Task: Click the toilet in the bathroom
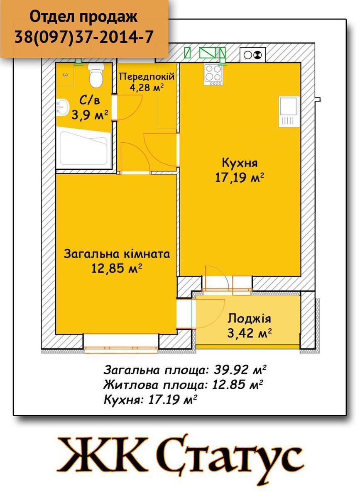pyautogui.click(x=96, y=75)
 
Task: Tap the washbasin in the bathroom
pyautogui.click(x=62, y=107)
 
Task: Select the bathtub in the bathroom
pyautogui.click(x=83, y=148)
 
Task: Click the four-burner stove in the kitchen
pyautogui.click(x=213, y=75)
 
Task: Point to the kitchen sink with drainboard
pyautogui.click(x=288, y=112)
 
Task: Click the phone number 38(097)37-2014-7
pyautogui.click(x=84, y=37)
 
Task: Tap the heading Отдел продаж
pyautogui.click(x=83, y=17)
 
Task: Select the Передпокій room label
pyautogui.click(x=147, y=77)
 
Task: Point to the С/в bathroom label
pyautogui.click(x=90, y=101)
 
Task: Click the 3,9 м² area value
pyautogui.click(x=90, y=115)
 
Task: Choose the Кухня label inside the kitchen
pyautogui.click(x=240, y=164)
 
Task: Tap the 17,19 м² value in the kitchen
pyautogui.click(x=240, y=178)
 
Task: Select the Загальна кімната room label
pyautogui.click(x=117, y=254)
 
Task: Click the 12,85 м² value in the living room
pyautogui.click(x=117, y=269)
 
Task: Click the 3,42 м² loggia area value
pyautogui.click(x=250, y=333)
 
